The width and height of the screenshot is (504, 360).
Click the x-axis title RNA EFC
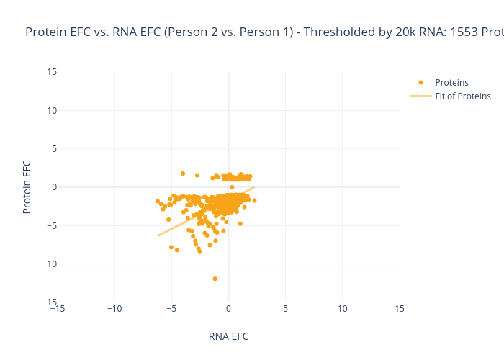point(228,336)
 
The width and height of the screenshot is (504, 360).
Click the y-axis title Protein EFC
point(27,186)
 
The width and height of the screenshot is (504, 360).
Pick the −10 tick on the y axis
point(50,264)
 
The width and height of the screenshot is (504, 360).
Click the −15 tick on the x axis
point(58,309)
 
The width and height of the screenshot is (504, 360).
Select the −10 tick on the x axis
point(114,309)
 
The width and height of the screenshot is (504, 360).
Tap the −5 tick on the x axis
point(171,309)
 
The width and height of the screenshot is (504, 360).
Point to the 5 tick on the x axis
point(286,309)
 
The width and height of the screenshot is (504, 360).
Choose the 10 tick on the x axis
point(343,309)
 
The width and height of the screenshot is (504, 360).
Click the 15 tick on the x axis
point(400,309)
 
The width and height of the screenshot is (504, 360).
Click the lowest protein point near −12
point(215,279)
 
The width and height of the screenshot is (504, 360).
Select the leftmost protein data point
point(158,201)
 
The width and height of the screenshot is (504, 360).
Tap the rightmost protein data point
point(254,200)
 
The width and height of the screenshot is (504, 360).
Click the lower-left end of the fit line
point(158,235)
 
